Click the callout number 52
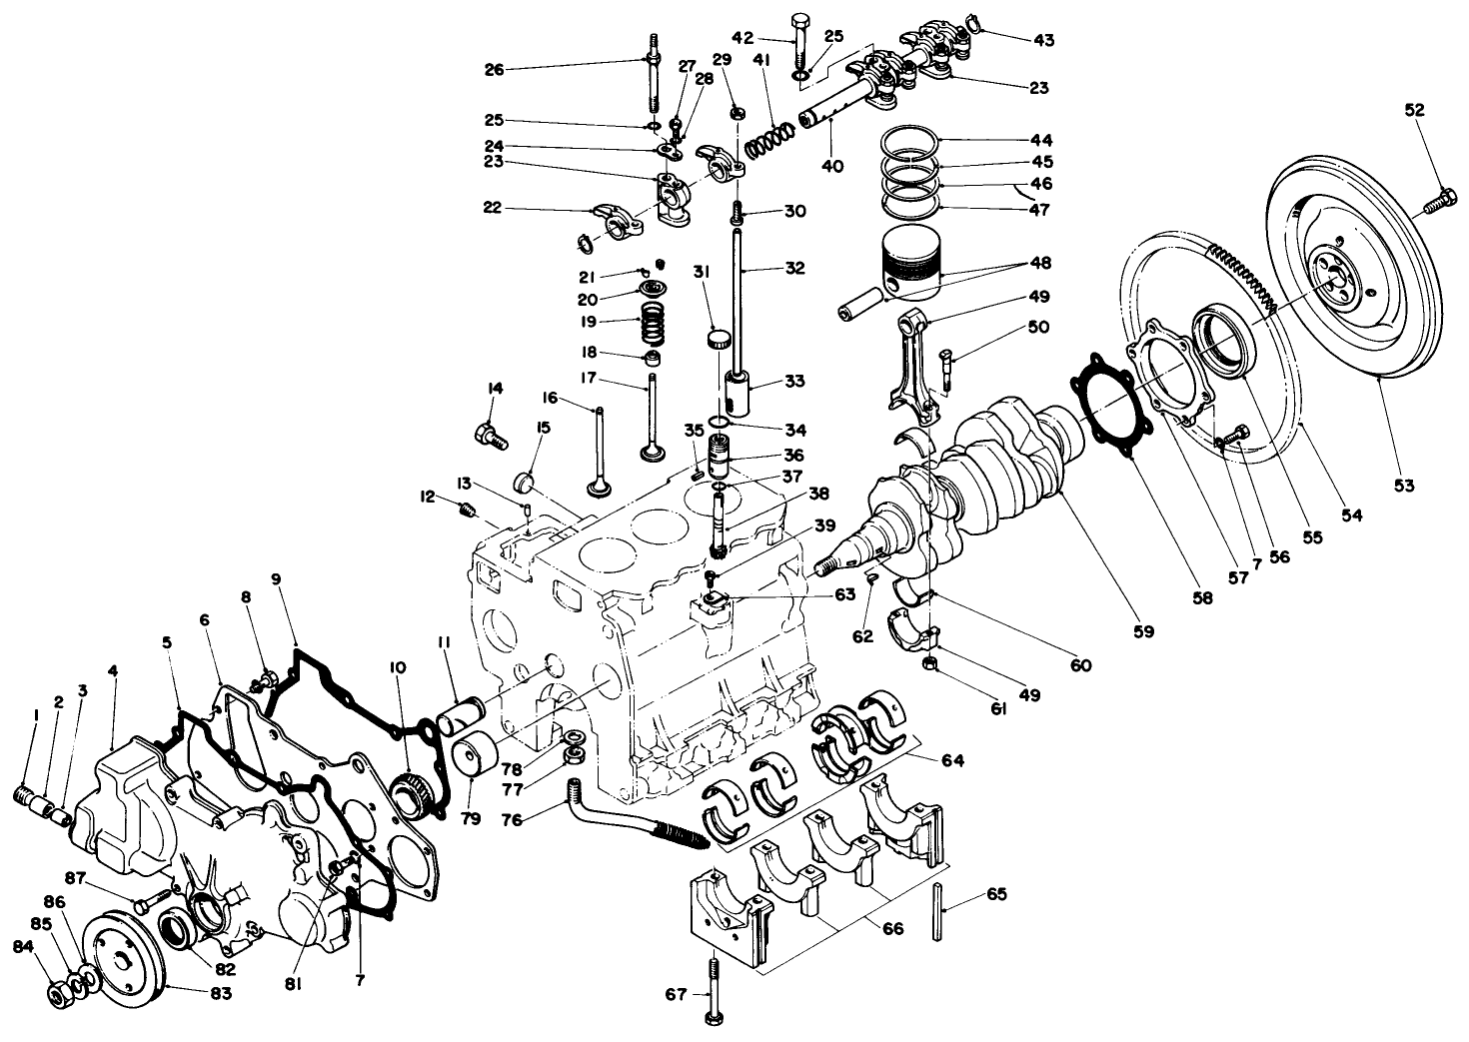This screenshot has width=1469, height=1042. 1415,110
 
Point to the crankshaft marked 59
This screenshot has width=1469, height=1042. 999,460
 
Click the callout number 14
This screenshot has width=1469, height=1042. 494,389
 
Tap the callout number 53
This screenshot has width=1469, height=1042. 1405,486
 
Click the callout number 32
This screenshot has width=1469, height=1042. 794,268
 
